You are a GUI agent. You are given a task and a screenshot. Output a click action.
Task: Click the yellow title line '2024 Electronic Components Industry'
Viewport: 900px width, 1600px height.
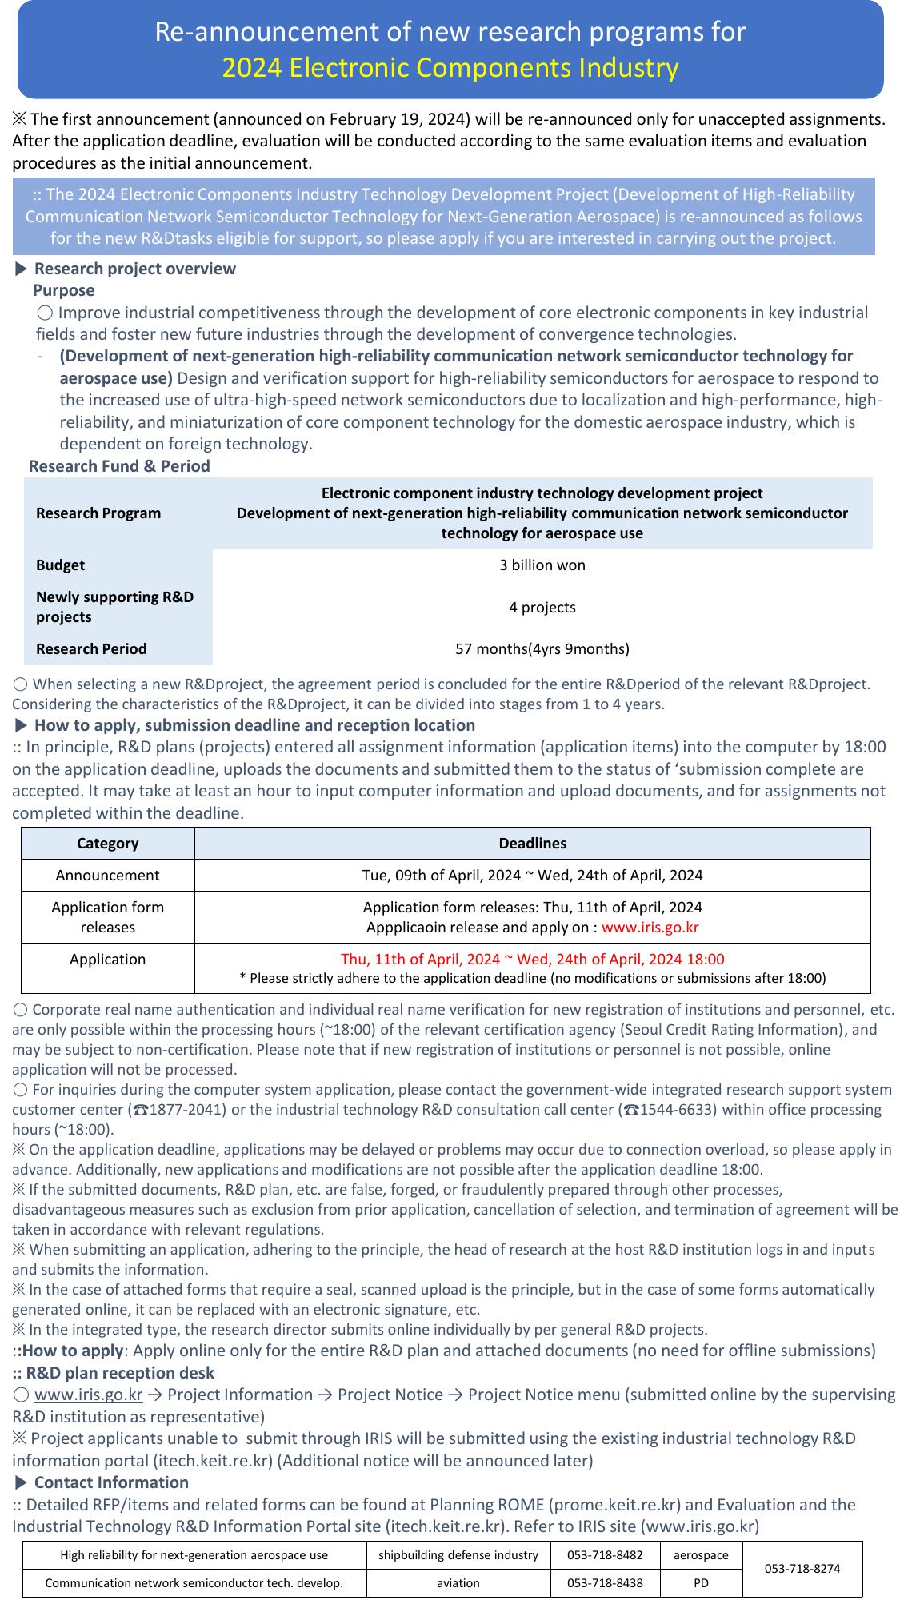[x=450, y=68]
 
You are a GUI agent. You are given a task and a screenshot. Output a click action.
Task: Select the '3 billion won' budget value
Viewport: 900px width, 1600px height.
[x=542, y=565]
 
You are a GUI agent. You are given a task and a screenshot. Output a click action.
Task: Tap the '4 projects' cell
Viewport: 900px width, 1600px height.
[x=542, y=608]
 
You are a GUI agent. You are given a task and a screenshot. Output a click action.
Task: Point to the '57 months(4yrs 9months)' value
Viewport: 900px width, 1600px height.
[x=542, y=649]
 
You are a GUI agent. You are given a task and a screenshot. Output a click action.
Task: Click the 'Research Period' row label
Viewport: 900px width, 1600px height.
[x=91, y=649]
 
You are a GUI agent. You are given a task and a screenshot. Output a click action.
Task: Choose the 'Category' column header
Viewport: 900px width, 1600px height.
[x=107, y=844]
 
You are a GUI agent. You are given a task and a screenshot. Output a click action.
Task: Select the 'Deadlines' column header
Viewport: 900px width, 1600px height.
[x=532, y=844]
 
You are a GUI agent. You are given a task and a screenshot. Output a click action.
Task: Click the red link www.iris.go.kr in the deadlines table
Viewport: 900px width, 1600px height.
[x=650, y=928]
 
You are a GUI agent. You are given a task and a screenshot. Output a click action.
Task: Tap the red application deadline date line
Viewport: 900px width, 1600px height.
[x=532, y=960]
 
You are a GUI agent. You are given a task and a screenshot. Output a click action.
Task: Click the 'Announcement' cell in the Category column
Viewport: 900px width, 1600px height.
[x=107, y=876]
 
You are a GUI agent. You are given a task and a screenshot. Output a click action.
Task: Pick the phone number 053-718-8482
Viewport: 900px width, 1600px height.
[x=605, y=1555]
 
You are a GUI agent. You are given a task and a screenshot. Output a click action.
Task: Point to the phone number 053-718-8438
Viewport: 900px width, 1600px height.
[x=605, y=1583]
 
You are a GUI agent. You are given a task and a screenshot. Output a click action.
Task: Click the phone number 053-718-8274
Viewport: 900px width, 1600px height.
[x=802, y=1569]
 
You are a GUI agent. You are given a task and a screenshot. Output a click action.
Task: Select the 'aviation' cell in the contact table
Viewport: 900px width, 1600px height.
[x=458, y=1583]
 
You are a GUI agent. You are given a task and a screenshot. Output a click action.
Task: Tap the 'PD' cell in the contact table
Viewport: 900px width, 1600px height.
[x=701, y=1583]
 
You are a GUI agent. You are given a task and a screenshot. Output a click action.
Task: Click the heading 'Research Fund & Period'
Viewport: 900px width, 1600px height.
[x=119, y=466]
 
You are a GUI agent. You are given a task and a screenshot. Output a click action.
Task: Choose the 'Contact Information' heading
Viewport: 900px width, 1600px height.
[x=111, y=1482]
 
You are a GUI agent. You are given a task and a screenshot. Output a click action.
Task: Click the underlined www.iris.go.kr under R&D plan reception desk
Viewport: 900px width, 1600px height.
[x=88, y=1395]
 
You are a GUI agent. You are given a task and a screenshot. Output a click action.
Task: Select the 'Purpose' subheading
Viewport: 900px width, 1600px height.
[x=63, y=290]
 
